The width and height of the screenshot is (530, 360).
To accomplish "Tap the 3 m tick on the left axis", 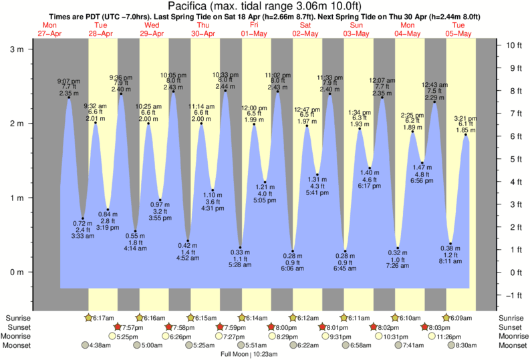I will coord(35,49).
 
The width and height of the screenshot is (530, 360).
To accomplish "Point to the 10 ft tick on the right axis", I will coord(513,45).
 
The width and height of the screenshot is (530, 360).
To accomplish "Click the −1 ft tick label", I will coord(513,295).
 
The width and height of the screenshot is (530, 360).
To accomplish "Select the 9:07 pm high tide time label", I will coord(68,81).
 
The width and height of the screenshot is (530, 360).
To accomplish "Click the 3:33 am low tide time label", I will coord(82,236).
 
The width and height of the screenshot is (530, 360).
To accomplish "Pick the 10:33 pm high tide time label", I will coord(225,74).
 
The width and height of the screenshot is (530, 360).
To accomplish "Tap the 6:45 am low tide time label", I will coord(345,270).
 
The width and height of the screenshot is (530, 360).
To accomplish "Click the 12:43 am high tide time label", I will coord(434,85).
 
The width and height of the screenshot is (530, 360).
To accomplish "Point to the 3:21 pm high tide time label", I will coord(466,118).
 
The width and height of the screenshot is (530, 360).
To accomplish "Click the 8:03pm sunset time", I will coord(443,327).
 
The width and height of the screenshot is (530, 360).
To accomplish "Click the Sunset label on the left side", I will coord(19,327).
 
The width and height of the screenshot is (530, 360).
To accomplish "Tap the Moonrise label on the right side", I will coord(512,336).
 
